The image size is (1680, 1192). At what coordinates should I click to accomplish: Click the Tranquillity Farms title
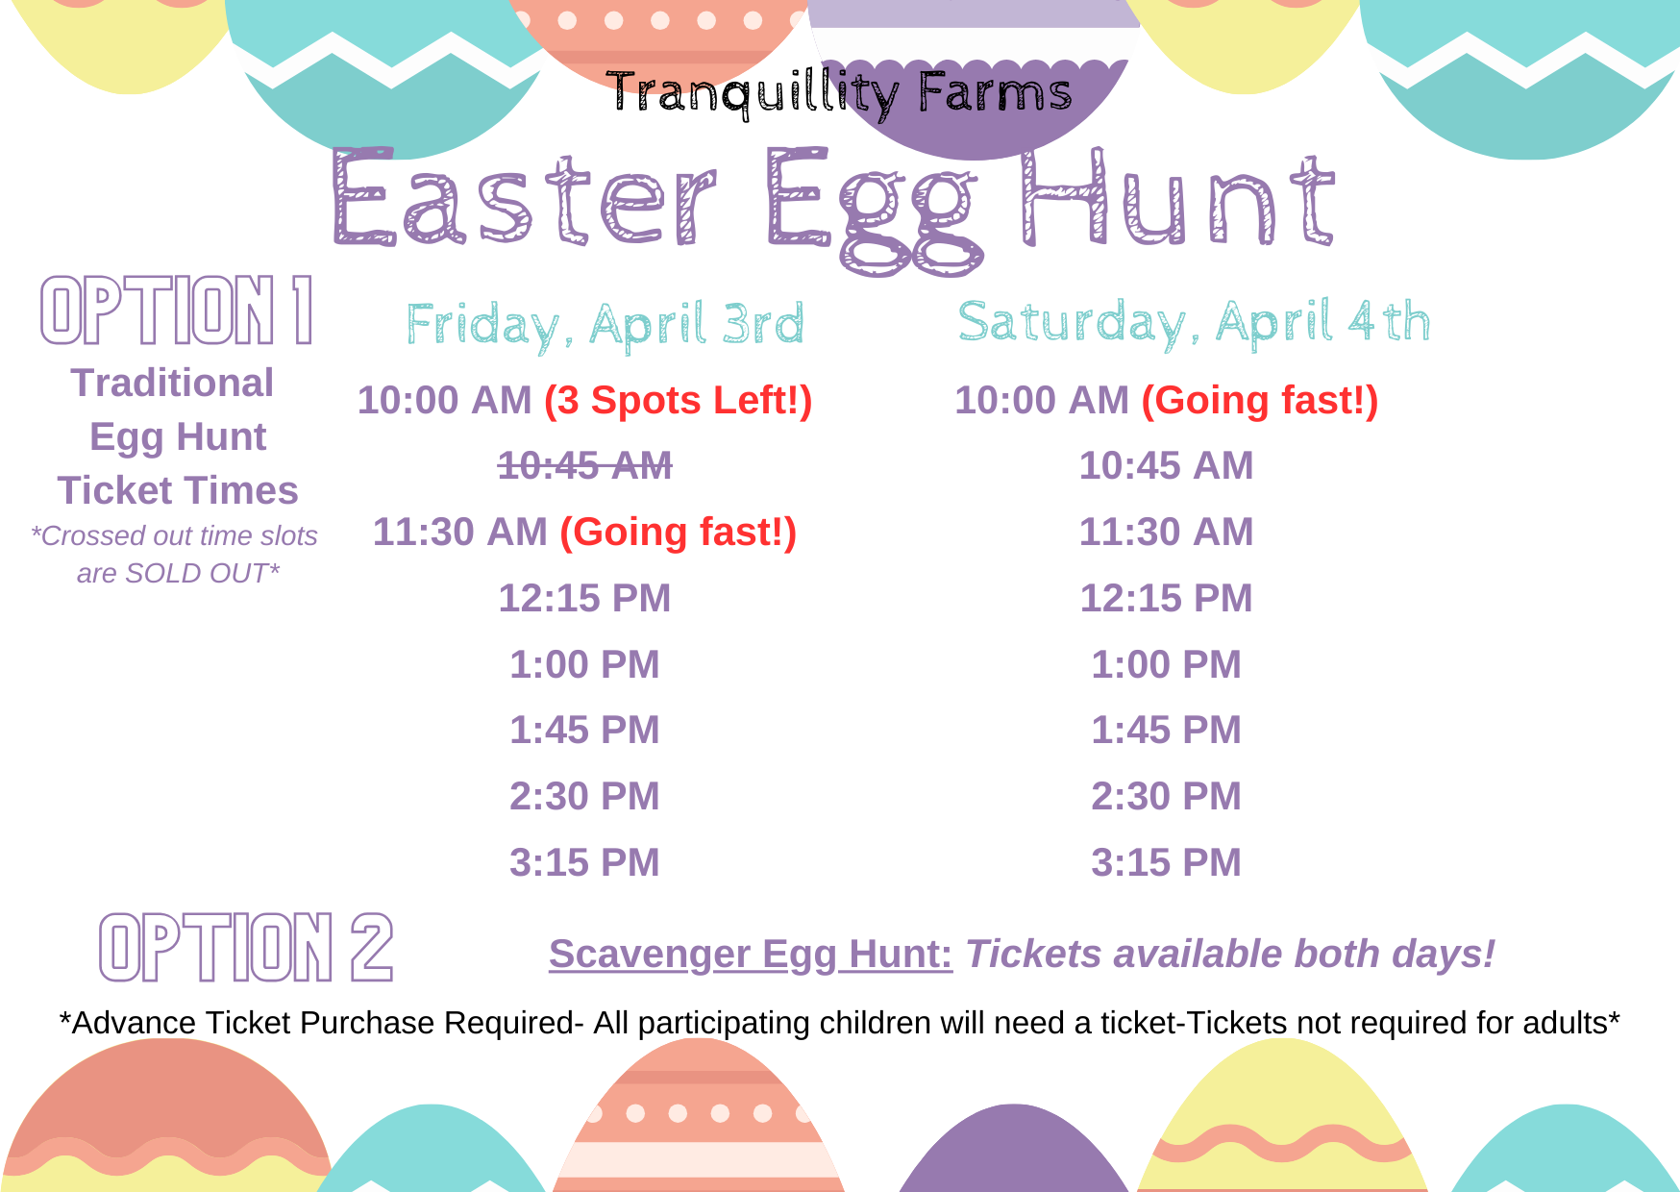[x=839, y=93]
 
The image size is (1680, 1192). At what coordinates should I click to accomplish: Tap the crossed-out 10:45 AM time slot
[x=584, y=465]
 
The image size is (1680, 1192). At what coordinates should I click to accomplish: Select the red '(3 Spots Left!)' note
[x=679, y=401]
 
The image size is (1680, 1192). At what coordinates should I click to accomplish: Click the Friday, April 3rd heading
[x=605, y=325]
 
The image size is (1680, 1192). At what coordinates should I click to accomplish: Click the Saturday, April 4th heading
[x=1194, y=322]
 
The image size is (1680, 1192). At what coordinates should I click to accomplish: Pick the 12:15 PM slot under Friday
[x=584, y=598]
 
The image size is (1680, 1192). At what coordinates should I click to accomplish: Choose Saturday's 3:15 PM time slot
[x=1166, y=862]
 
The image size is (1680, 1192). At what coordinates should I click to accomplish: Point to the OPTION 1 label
[x=177, y=310]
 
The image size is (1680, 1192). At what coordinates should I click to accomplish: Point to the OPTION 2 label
[x=246, y=947]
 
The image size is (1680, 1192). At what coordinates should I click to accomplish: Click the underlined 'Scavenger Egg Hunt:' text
[x=751, y=954]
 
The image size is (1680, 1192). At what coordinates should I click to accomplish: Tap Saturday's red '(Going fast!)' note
[x=1260, y=401]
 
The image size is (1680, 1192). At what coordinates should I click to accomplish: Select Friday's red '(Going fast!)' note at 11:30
[x=679, y=533]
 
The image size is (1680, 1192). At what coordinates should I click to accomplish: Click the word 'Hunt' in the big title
[x=1177, y=198]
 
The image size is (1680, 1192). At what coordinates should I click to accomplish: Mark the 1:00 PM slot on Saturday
[x=1166, y=664]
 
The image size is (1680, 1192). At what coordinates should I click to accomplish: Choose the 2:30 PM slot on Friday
[x=584, y=796]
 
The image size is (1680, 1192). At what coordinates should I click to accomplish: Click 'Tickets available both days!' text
[x=1230, y=954]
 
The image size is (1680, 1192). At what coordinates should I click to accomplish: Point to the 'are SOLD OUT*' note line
[x=178, y=573]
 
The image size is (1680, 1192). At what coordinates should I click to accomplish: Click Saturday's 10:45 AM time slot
[x=1166, y=465]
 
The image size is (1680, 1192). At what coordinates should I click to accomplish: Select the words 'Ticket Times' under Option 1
[x=178, y=490]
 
